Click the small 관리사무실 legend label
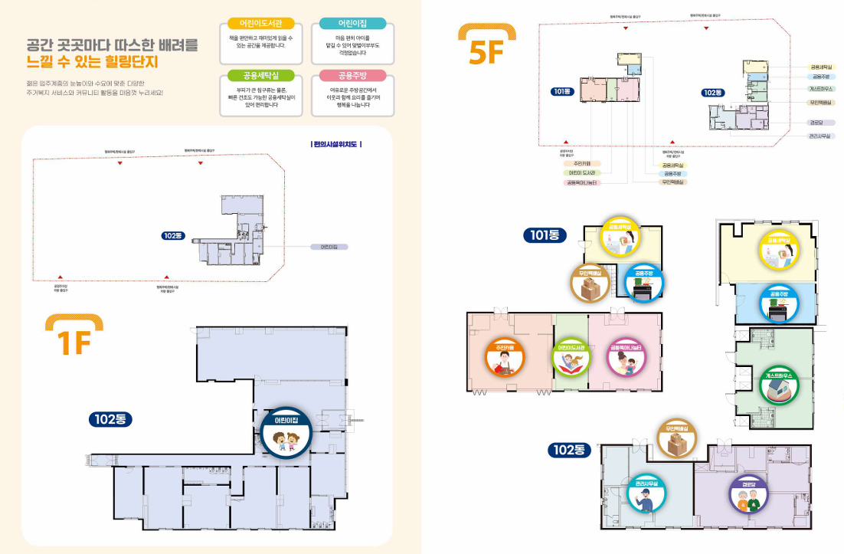tap(821, 136)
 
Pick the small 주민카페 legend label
tap(582, 163)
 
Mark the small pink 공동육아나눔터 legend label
tap(582, 183)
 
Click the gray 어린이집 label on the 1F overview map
tap(329, 247)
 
